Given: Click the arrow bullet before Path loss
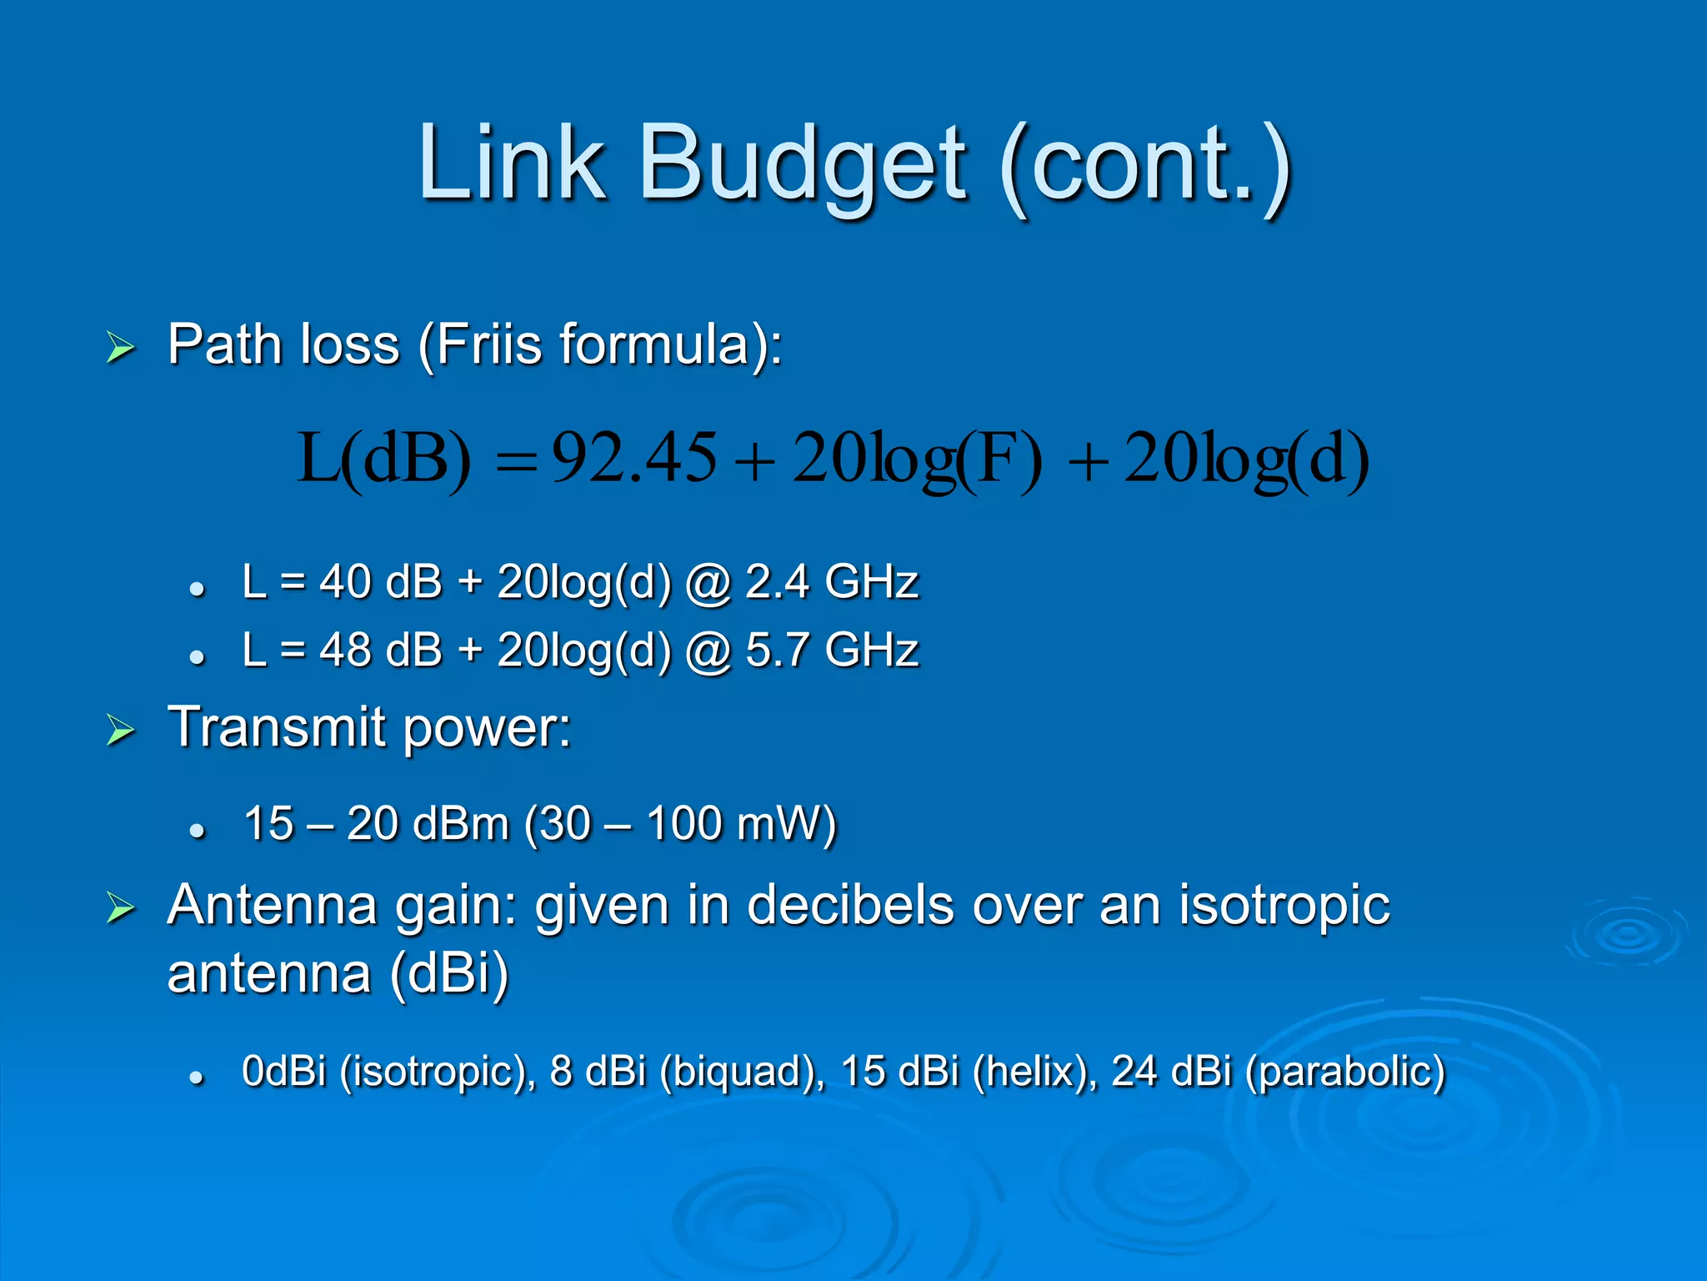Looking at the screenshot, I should pyautogui.click(x=121, y=347).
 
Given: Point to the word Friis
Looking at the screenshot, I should pyautogui.click(x=488, y=344).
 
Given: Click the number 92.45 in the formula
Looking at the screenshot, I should pyautogui.click(x=633, y=458).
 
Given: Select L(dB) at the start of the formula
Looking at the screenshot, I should pyautogui.click(x=384, y=458).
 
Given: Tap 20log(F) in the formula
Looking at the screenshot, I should pyautogui.click(x=917, y=460).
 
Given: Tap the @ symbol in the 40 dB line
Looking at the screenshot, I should pyautogui.click(x=708, y=583).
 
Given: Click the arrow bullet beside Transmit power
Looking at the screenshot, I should pyautogui.click(x=121, y=730).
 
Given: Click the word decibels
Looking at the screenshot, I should pyautogui.click(x=850, y=906).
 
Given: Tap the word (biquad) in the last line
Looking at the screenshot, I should pyautogui.click(x=741, y=1072).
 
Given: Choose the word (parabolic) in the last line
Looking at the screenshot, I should pyautogui.click(x=1344, y=1072).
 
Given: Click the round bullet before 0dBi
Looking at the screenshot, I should pyautogui.click(x=197, y=1078).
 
